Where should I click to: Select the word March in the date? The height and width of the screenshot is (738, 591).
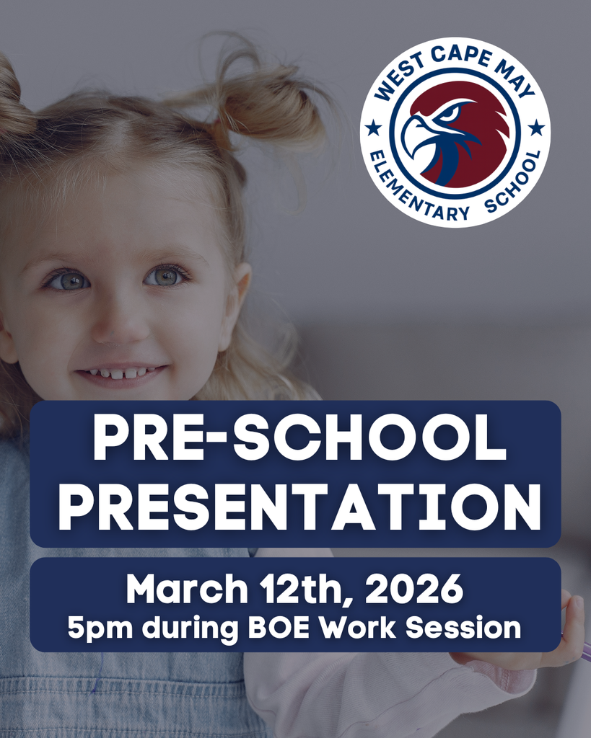185,590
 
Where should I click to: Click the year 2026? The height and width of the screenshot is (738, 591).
414,590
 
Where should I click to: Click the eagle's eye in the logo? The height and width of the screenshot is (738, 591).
448,113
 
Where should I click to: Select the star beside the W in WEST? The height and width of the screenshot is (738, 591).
373,129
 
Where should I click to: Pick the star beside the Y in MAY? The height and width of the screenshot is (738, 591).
536,128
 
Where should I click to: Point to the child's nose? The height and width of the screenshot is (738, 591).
119,324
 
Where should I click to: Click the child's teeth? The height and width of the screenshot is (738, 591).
119,373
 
